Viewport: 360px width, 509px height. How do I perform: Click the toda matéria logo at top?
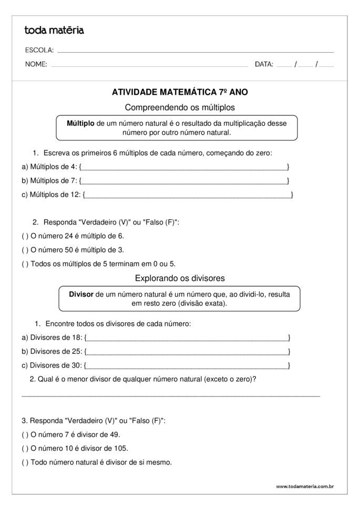click(54, 30)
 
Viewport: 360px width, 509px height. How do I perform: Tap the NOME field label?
click(36, 64)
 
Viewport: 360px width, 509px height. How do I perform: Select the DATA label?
click(264, 64)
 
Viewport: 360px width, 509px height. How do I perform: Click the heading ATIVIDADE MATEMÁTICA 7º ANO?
click(180, 92)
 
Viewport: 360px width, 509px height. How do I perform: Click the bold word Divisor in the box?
click(81, 294)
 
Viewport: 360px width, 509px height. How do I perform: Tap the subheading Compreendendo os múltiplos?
click(180, 107)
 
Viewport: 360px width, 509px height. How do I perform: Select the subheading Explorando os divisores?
click(180, 278)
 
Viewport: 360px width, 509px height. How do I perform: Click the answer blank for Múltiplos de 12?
click(188, 195)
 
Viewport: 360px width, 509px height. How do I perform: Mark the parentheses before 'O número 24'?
click(25, 236)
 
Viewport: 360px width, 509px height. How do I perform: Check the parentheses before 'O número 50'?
click(25, 250)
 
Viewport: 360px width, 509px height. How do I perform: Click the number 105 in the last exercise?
click(121, 449)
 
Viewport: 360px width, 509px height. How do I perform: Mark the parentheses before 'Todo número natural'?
click(25, 463)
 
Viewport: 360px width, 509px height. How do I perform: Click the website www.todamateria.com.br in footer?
click(305, 486)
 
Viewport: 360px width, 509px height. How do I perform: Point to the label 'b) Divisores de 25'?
click(52, 351)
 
